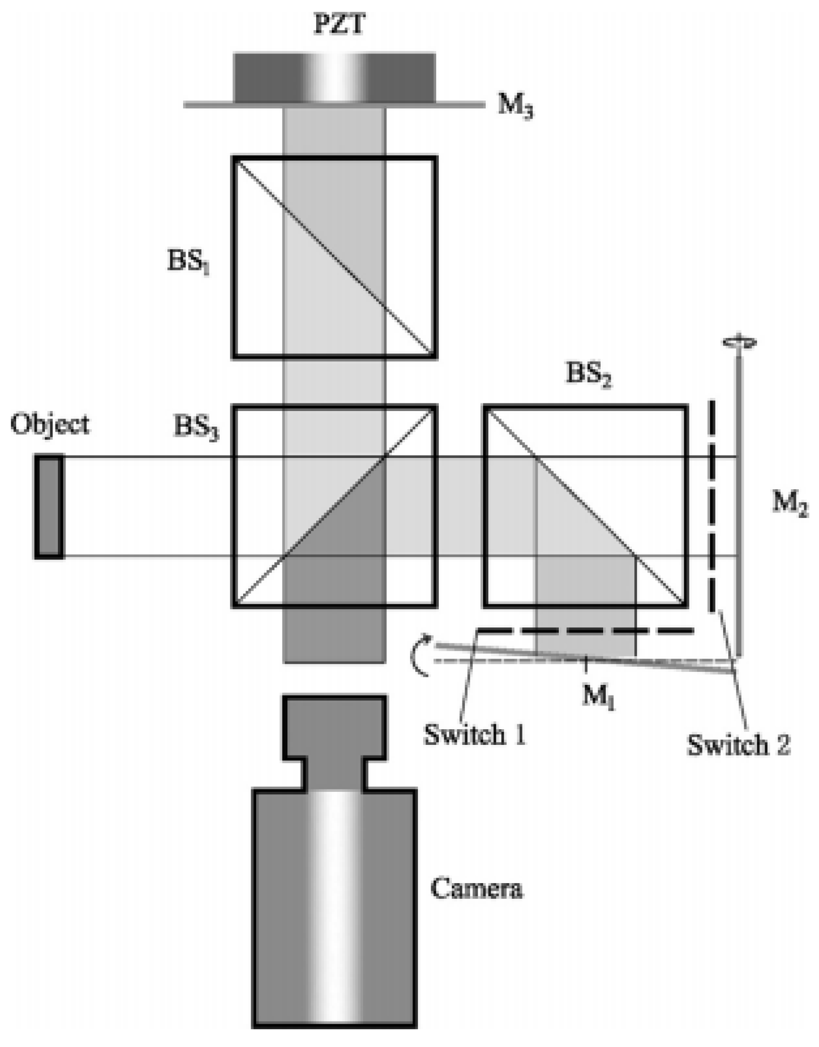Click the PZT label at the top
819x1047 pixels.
pos(338,25)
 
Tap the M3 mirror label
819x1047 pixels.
pos(515,106)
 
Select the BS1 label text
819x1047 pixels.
pos(188,263)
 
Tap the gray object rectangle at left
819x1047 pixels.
pos(49,506)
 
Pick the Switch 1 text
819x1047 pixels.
pos(474,735)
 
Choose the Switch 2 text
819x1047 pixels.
pos(738,745)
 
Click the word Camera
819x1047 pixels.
pos(476,889)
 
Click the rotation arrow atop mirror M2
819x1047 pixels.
pos(739,342)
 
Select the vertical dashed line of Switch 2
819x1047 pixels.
pos(712,504)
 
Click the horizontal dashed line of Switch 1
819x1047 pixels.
pos(585,630)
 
